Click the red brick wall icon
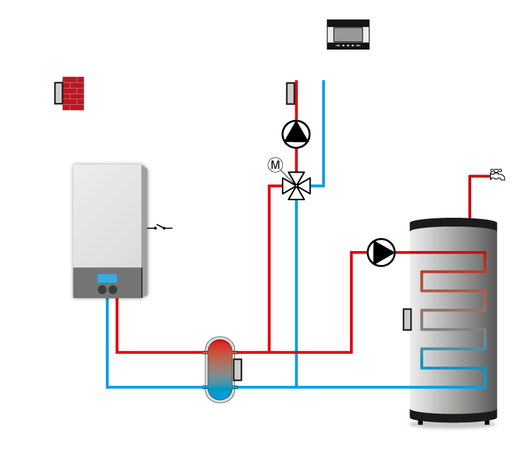(73, 94)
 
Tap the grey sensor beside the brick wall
(58, 93)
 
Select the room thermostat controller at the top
(348, 34)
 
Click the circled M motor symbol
(275, 165)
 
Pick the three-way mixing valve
(296, 186)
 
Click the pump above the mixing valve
(296, 134)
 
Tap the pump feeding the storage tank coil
(381, 252)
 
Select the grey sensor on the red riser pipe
(290, 94)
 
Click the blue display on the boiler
(107, 278)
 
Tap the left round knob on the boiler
(102, 289)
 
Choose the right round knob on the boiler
(113, 289)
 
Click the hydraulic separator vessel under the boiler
(219, 370)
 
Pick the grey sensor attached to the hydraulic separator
(237, 370)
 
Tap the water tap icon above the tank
(497, 175)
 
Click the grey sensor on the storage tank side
(407, 319)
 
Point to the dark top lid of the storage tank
(453, 224)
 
